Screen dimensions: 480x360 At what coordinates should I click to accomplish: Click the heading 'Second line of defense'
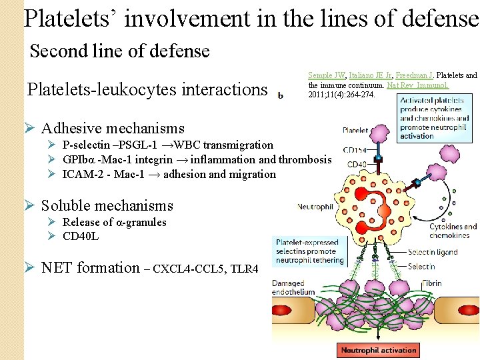click(120, 51)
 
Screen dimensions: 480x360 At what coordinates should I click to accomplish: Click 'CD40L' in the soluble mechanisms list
click(80, 235)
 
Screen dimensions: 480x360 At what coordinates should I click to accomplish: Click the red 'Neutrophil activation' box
click(379, 350)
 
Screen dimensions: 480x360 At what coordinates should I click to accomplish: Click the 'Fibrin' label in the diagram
click(431, 283)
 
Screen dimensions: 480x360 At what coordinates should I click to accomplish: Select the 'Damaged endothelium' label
click(293, 289)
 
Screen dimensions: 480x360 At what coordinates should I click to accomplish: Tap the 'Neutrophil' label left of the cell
click(315, 207)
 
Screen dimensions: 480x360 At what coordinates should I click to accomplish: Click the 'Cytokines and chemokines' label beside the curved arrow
click(453, 231)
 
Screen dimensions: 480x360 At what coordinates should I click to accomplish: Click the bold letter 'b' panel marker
click(281, 95)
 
